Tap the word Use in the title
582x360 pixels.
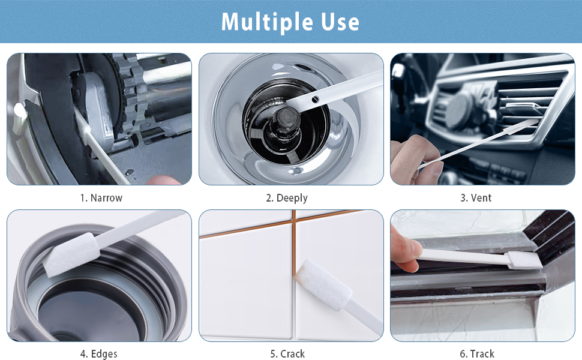[340, 22]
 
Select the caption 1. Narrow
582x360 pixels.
[101, 198]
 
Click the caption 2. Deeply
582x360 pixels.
[287, 198]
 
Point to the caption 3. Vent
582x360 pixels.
[476, 198]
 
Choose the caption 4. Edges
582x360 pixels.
[99, 353]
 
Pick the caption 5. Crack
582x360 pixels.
[287, 353]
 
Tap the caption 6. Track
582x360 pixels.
[477, 353]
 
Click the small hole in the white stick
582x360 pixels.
[315, 99]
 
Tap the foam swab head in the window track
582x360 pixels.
[525, 260]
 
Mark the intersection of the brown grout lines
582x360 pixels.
[294, 223]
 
